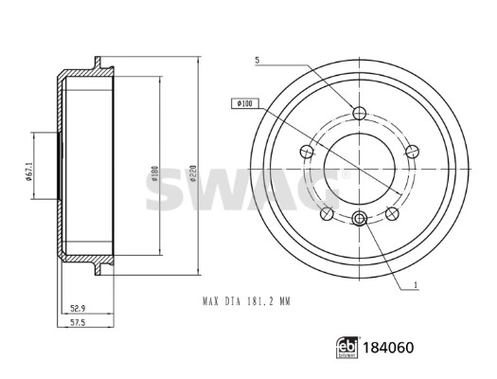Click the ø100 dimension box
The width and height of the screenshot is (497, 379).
(x=245, y=103)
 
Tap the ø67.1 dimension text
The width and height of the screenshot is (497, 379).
(x=28, y=171)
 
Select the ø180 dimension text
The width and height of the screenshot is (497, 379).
(x=155, y=173)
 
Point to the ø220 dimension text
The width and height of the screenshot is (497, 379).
(x=194, y=173)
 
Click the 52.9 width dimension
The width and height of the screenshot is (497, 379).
(x=78, y=308)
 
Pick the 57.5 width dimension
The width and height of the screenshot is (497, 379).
(x=78, y=322)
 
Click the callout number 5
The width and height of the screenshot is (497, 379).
(x=257, y=61)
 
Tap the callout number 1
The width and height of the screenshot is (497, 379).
(x=416, y=285)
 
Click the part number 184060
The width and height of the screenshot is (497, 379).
(x=388, y=348)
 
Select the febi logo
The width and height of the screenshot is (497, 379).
(x=347, y=348)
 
